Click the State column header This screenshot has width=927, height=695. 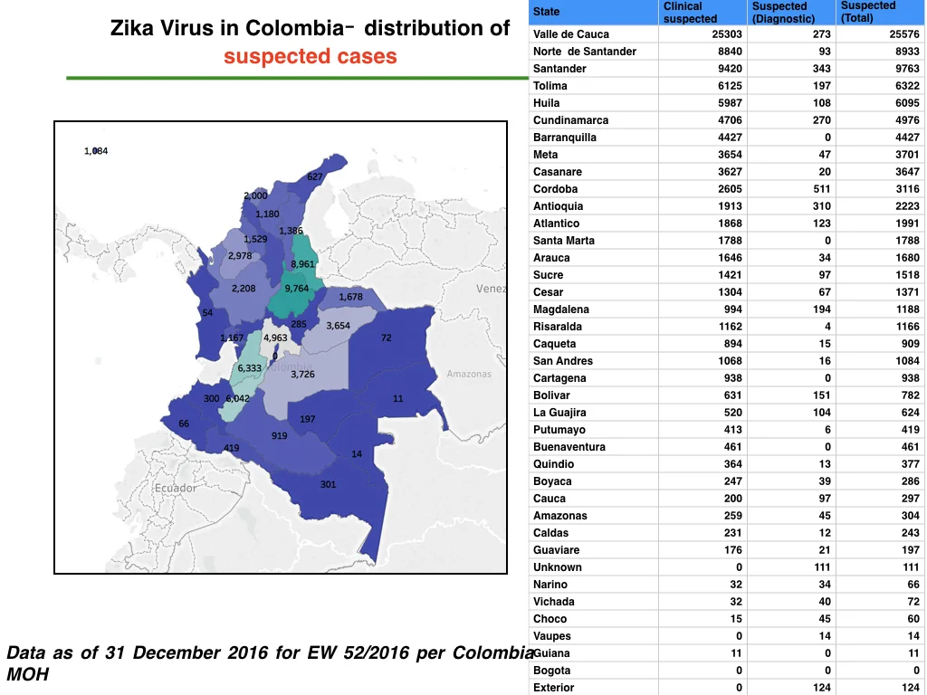546,12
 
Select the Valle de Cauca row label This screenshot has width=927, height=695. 571,34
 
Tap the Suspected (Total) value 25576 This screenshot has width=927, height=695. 904,34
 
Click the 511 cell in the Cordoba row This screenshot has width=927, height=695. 822,189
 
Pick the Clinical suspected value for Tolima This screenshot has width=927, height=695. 731,86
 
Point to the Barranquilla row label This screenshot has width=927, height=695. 565,138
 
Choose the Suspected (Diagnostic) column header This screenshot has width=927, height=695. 783,13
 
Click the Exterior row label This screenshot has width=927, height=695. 553,688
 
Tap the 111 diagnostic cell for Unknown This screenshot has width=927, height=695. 822,567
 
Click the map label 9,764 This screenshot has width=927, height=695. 297,289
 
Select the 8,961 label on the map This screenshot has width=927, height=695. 302,264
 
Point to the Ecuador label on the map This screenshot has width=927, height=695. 176,488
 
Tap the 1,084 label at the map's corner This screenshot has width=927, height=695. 96,151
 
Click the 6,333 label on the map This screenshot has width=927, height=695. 250,368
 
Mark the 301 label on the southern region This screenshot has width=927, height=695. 328,485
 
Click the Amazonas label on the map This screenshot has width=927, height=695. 469,374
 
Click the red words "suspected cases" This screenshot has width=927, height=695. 311,56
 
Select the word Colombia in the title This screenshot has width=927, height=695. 295,28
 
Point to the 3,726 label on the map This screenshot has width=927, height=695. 302,374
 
